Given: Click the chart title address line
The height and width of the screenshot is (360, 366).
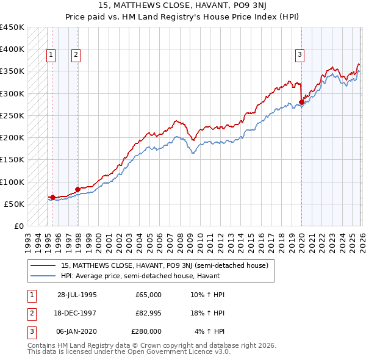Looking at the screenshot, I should click(183, 5).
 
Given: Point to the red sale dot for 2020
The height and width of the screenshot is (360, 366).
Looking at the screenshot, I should click(301, 102).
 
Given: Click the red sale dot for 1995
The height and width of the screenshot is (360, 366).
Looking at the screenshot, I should click(53, 197).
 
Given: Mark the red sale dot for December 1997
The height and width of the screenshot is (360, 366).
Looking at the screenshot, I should click(77, 189).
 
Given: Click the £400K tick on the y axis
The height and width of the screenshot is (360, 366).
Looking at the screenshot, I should click(12, 49).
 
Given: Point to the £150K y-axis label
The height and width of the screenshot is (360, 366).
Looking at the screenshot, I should click(12, 160).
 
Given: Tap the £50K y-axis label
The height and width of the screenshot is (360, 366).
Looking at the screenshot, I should click(15, 204).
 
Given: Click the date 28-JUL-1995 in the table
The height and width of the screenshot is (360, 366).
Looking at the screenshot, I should click(77, 295).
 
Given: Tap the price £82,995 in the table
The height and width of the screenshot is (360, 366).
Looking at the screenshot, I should click(148, 313).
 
